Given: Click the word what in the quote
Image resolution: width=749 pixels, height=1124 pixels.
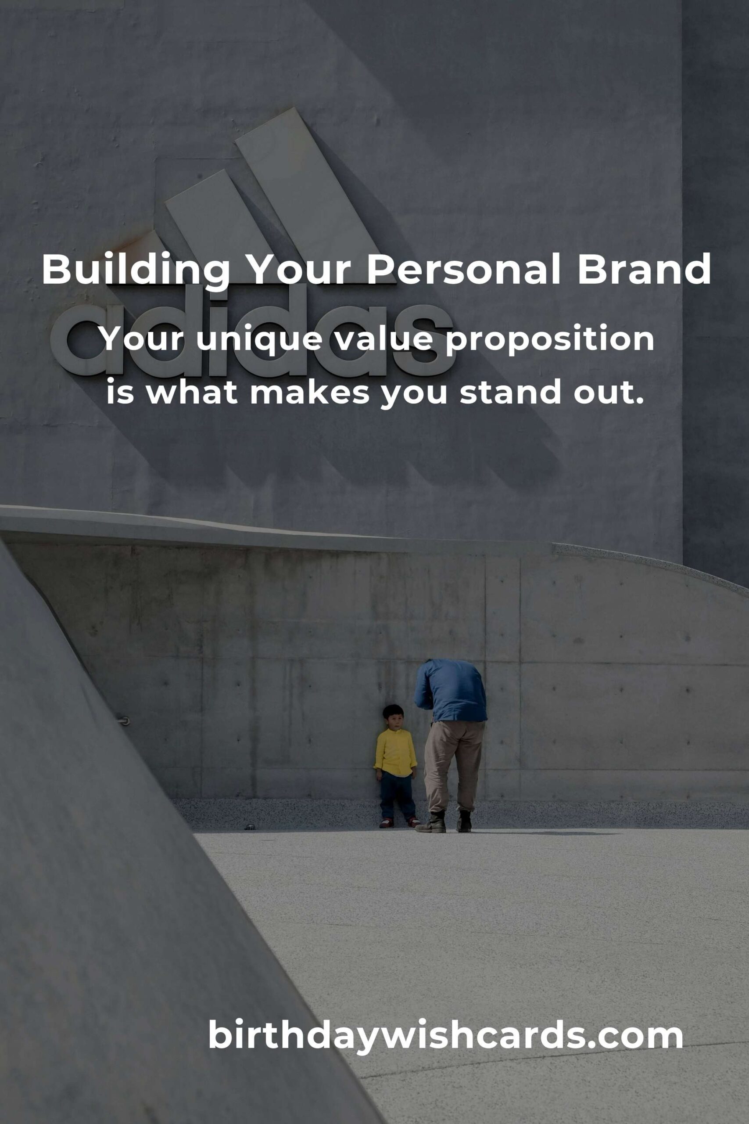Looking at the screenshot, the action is pos(192,392).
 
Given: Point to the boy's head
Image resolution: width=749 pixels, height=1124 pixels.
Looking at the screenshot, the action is pos(393,717).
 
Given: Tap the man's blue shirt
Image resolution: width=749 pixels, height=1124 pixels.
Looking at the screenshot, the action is pos(451,692).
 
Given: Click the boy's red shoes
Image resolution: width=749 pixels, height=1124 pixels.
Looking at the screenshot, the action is pos(399,822).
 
